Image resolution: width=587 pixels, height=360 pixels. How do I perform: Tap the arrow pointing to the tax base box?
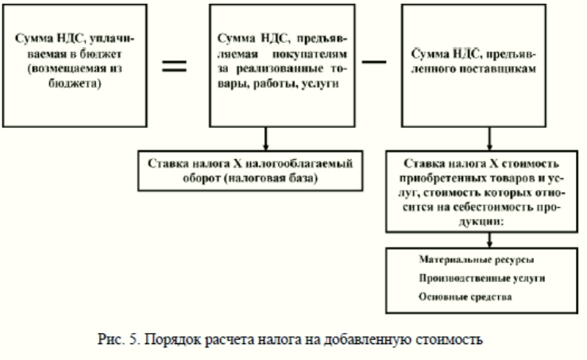(x=265, y=138)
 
